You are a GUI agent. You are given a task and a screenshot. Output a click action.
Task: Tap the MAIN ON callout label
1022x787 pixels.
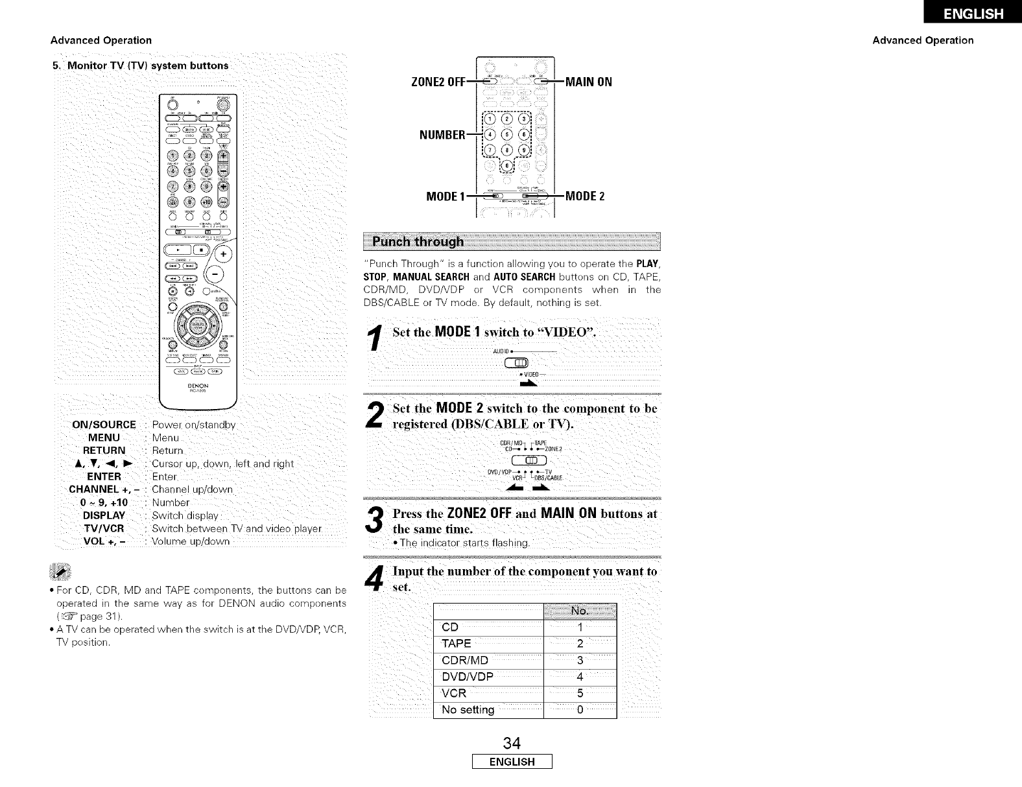point(589,82)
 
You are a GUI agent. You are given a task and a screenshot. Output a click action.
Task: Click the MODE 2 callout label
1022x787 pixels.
point(585,196)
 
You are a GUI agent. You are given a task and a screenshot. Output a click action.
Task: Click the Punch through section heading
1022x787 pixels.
point(418,242)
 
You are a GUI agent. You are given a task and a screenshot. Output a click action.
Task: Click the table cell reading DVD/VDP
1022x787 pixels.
point(468,677)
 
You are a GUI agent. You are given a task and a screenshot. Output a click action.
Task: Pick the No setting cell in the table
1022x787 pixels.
point(468,710)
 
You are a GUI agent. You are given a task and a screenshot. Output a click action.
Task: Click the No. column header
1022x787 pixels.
point(579,611)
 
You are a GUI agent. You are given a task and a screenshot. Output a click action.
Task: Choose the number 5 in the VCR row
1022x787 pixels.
point(580,694)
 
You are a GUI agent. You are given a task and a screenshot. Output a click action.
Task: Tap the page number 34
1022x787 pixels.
point(512,742)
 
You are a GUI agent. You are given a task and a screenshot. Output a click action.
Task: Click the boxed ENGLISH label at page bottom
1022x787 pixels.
point(512,762)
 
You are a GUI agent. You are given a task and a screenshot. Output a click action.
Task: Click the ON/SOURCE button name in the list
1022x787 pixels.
point(104,425)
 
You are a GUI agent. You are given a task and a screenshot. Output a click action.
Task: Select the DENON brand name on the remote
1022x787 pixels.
point(198,386)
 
